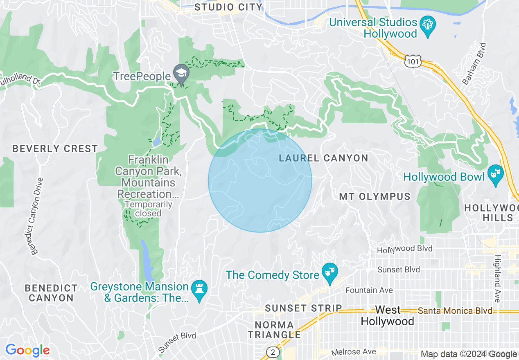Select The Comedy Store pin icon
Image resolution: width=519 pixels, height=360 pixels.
click(329, 272)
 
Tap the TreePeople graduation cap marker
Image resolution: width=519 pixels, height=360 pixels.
click(180, 74)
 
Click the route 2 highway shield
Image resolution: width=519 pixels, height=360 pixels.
click(273, 352)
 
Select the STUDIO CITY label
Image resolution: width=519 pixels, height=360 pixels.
click(228, 7)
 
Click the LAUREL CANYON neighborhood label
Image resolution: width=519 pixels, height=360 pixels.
click(323, 158)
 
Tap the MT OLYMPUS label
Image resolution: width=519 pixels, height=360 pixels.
click(375, 197)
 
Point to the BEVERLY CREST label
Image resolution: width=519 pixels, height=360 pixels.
click(55, 148)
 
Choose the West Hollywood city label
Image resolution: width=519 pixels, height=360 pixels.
click(387, 315)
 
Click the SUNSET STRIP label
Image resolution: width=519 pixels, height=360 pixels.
click(303, 308)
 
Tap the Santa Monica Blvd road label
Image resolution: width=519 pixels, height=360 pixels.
click(455, 311)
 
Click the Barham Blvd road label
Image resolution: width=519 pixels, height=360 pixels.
click(474, 63)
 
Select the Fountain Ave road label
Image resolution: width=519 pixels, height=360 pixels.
click(369, 290)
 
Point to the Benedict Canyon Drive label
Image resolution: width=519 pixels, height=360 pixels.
click(36, 216)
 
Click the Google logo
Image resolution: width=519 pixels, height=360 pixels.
click(27, 351)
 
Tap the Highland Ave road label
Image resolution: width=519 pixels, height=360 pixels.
click(497, 279)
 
